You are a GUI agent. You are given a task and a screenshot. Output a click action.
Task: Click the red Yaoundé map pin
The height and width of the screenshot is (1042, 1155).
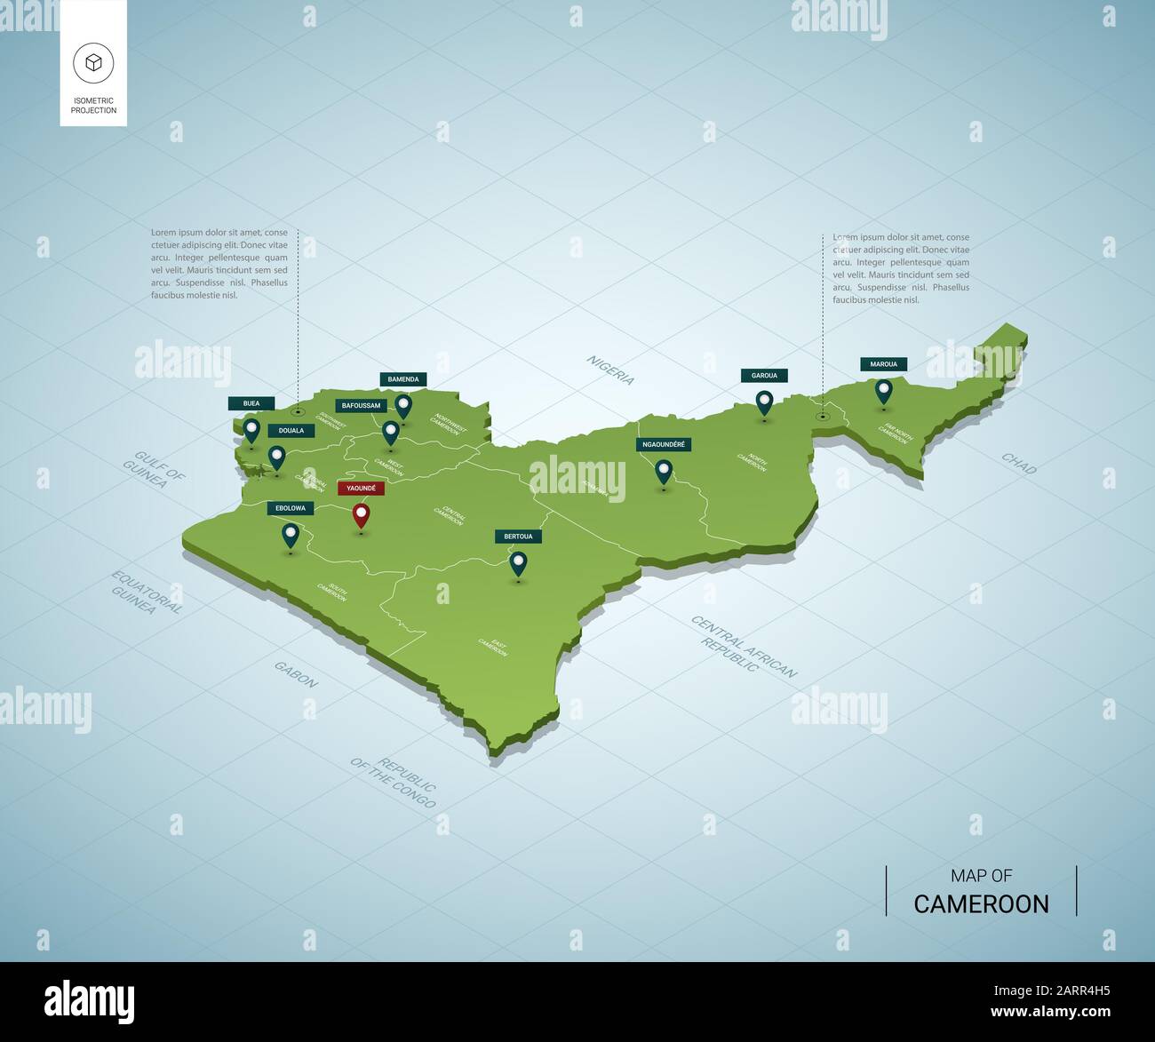coord(361,514)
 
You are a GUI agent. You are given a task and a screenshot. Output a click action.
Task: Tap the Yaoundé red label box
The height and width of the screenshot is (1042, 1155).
coord(361,488)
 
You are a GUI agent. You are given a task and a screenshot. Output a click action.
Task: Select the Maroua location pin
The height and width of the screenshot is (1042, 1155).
coord(883,389)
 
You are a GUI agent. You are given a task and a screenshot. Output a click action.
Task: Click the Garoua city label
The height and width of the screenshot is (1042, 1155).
coord(764,376)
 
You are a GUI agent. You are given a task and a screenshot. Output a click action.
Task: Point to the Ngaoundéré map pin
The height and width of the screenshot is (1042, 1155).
coord(663,470)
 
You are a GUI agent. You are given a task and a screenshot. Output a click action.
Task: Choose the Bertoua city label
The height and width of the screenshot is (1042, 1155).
coord(518,537)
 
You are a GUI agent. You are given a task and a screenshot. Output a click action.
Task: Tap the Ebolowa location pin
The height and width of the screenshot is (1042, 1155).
coord(290,535)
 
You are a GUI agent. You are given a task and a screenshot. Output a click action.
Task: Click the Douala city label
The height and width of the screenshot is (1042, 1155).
coord(291,430)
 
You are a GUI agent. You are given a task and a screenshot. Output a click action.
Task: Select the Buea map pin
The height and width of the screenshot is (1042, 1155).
coord(251,431)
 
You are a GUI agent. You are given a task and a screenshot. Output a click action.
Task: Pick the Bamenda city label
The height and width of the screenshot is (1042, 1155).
coord(403,379)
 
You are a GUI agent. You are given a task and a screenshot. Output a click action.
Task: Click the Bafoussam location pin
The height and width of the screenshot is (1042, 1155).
coord(390,432)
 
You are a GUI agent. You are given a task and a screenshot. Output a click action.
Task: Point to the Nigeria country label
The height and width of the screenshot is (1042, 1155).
coord(610,370)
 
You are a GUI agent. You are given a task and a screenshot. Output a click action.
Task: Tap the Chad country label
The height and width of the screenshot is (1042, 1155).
coord(1018,463)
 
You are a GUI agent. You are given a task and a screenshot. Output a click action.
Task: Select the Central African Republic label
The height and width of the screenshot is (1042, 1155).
coord(744,645)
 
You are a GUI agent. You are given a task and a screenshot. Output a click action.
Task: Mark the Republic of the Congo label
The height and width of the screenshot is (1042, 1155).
coord(394,782)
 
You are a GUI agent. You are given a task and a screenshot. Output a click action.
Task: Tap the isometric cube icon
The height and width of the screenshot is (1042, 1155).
coord(93,62)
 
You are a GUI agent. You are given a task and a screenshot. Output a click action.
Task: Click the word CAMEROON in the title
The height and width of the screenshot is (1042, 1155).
coord(981,903)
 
